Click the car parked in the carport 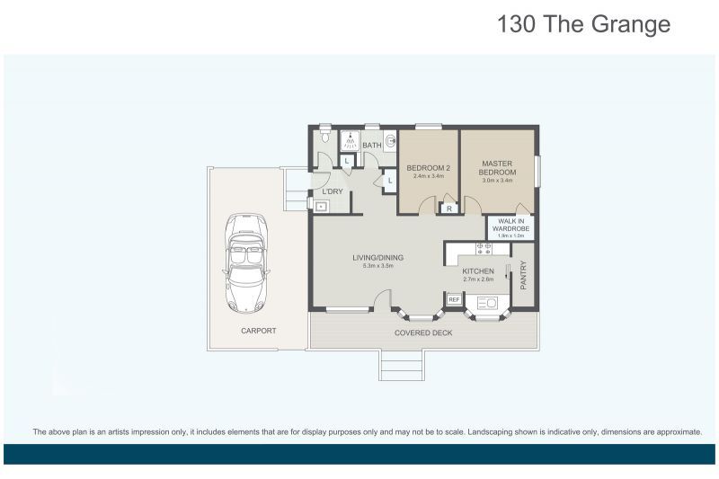[245, 263]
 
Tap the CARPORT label [258, 331]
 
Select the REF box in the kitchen [454, 299]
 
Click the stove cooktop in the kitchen [484, 246]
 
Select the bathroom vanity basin [390, 140]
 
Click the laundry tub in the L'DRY [320, 205]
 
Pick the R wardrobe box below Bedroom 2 [449, 208]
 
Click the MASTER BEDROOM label [497, 167]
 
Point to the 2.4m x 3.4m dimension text [428, 176]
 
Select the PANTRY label [524, 275]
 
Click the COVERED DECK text [423, 333]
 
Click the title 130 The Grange [583, 24]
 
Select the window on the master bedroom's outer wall [537, 170]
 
